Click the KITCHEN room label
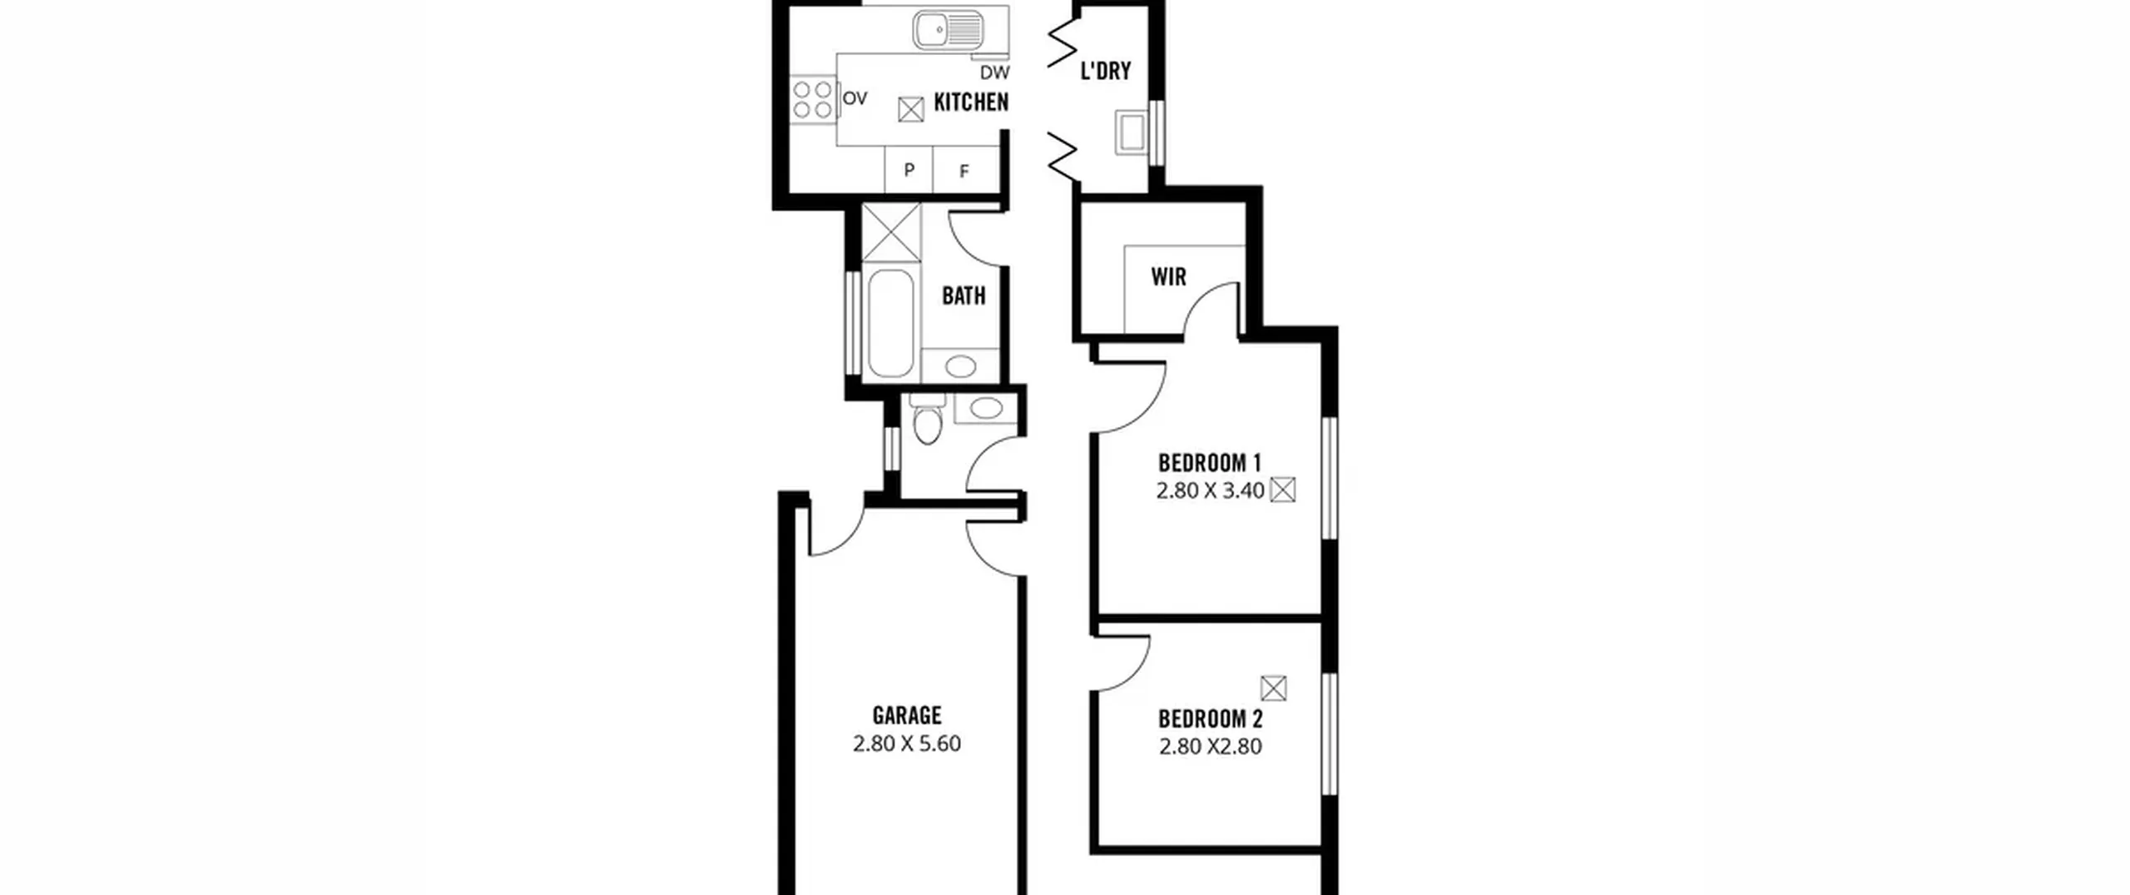point(971,102)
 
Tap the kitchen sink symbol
point(949,31)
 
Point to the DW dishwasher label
point(994,72)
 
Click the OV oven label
point(854,99)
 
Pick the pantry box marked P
point(909,170)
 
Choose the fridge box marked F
point(965,170)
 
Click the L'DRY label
point(1106,71)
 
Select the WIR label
point(1168,276)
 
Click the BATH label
point(963,296)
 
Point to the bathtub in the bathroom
point(890,323)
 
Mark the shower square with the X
point(891,232)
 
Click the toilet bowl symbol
point(926,420)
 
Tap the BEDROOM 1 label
point(1210,462)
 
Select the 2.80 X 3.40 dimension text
point(1210,491)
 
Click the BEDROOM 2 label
point(1211,718)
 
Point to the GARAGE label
point(907,715)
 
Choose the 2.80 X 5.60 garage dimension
point(907,743)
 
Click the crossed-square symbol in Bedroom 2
point(1274,689)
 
